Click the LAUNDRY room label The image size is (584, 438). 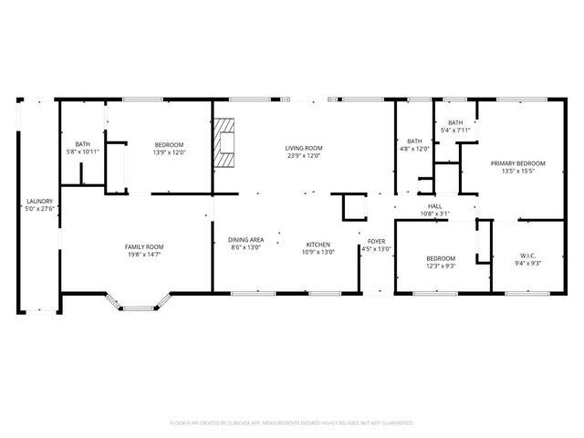pos(39,202)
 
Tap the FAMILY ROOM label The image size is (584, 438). pos(144,246)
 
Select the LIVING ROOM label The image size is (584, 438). pos(304,148)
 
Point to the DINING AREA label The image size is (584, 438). pos(245,240)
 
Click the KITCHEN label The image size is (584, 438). pos(318,244)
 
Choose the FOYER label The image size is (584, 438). pos(376,241)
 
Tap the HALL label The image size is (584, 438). pos(434,206)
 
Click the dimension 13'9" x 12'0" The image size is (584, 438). pos(169,153)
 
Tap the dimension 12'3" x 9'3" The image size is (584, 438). pos(441,266)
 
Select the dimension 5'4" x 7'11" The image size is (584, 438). pos(455,130)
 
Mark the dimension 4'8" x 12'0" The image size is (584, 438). pos(413,149)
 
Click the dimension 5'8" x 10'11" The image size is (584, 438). pos(82,151)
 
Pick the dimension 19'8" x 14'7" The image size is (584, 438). pos(144,255)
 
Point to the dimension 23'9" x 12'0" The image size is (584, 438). pos(304,155)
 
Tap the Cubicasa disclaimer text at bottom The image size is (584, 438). pos(292,423)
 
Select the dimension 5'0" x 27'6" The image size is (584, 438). pos(39,209)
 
